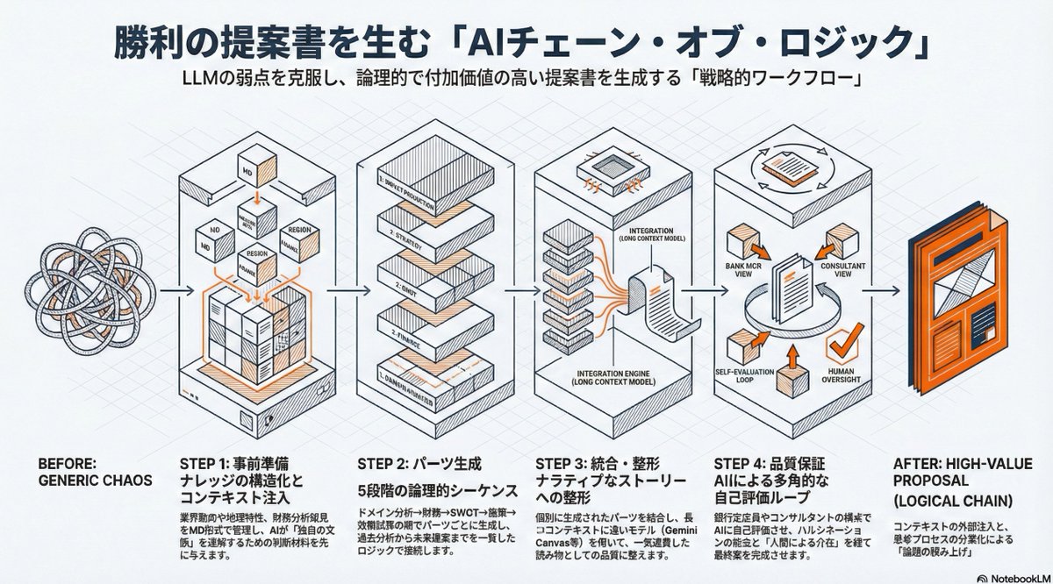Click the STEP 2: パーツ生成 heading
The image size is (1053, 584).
419,461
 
